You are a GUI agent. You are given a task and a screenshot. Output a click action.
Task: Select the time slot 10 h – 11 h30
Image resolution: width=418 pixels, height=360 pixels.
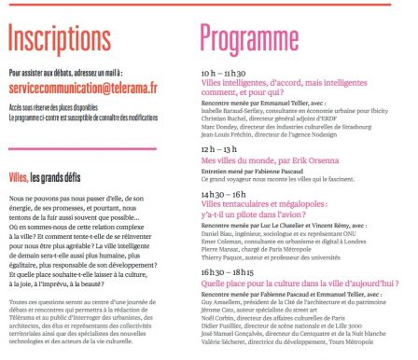point(224,72)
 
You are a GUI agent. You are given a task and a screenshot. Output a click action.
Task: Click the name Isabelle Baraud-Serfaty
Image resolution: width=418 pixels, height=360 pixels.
point(236,112)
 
